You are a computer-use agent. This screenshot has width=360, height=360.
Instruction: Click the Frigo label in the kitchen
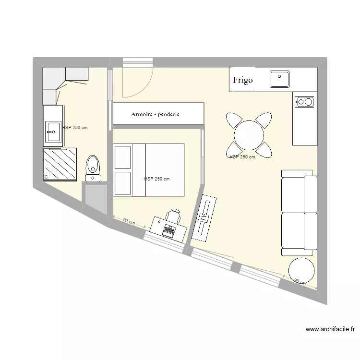[x=243, y=80]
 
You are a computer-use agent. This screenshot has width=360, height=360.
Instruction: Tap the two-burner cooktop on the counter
[x=304, y=101]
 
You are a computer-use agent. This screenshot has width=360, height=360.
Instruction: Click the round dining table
[x=249, y=135]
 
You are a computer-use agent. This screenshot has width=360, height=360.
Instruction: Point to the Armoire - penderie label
[x=156, y=114]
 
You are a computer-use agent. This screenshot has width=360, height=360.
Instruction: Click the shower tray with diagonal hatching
[x=60, y=164]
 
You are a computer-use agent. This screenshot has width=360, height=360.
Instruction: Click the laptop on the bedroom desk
[x=169, y=231]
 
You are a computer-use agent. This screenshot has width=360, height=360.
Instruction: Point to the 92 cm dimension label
[x=129, y=221]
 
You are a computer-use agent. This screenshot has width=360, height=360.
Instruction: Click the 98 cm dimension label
[x=299, y=281]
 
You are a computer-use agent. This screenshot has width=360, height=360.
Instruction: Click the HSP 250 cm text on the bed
[x=157, y=179]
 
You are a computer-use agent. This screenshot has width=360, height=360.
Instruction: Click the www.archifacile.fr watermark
[x=330, y=329]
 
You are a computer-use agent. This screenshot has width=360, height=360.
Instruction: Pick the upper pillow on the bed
[x=122, y=156]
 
